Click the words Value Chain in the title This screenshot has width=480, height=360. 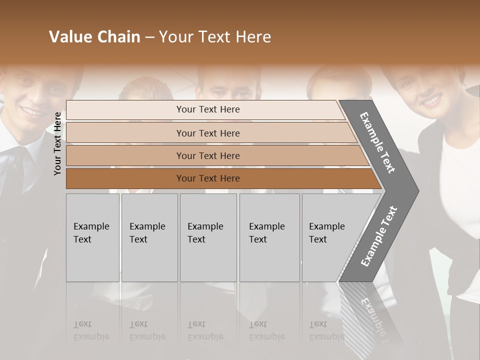(94, 37)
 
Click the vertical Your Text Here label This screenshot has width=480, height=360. (58, 143)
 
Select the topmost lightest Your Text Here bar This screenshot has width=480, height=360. (207, 109)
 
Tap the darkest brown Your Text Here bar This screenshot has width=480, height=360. (207, 178)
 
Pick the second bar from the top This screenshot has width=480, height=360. (207, 133)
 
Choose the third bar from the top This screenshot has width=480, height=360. (207, 155)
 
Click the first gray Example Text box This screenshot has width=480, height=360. (92, 237)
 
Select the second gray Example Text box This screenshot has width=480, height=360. (149, 237)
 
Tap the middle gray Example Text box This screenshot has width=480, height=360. (207, 237)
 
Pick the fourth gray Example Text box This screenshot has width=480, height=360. (269, 237)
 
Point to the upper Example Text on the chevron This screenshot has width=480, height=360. (378, 142)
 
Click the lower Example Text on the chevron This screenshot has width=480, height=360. (379, 236)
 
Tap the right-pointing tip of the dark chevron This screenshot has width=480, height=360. (416, 190)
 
